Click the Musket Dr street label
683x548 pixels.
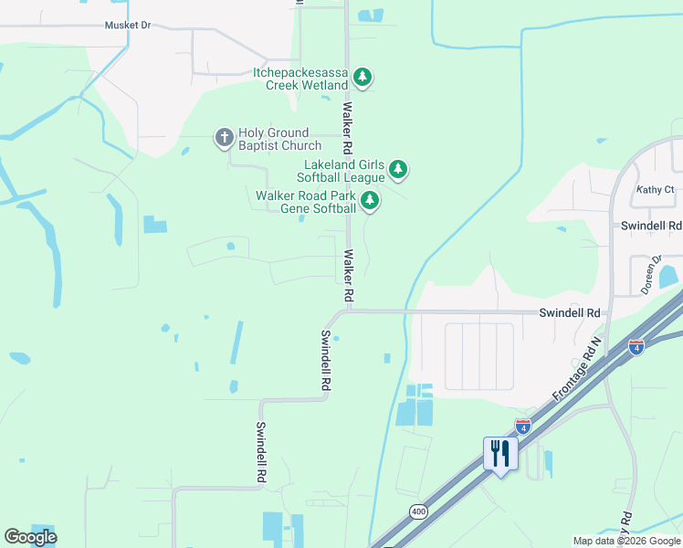tap(127, 26)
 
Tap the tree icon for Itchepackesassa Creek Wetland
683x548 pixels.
tap(363, 77)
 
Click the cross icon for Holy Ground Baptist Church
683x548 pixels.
tap(224, 138)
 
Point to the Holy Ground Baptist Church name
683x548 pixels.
tap(280, 139)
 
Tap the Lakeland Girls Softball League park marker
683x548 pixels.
tap(397, 169)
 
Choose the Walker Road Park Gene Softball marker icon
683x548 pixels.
tap(369, 201)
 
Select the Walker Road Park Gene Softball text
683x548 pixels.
tap(305, 202)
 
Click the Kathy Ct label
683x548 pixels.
tap(655, 190)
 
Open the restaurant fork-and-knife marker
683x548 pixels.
tap(500, 454)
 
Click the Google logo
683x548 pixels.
tap(30, 536)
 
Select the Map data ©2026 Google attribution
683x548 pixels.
tap(626, 541)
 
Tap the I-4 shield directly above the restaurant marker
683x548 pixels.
tap(522, 426)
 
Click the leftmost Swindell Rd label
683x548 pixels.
tap(260, 452)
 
